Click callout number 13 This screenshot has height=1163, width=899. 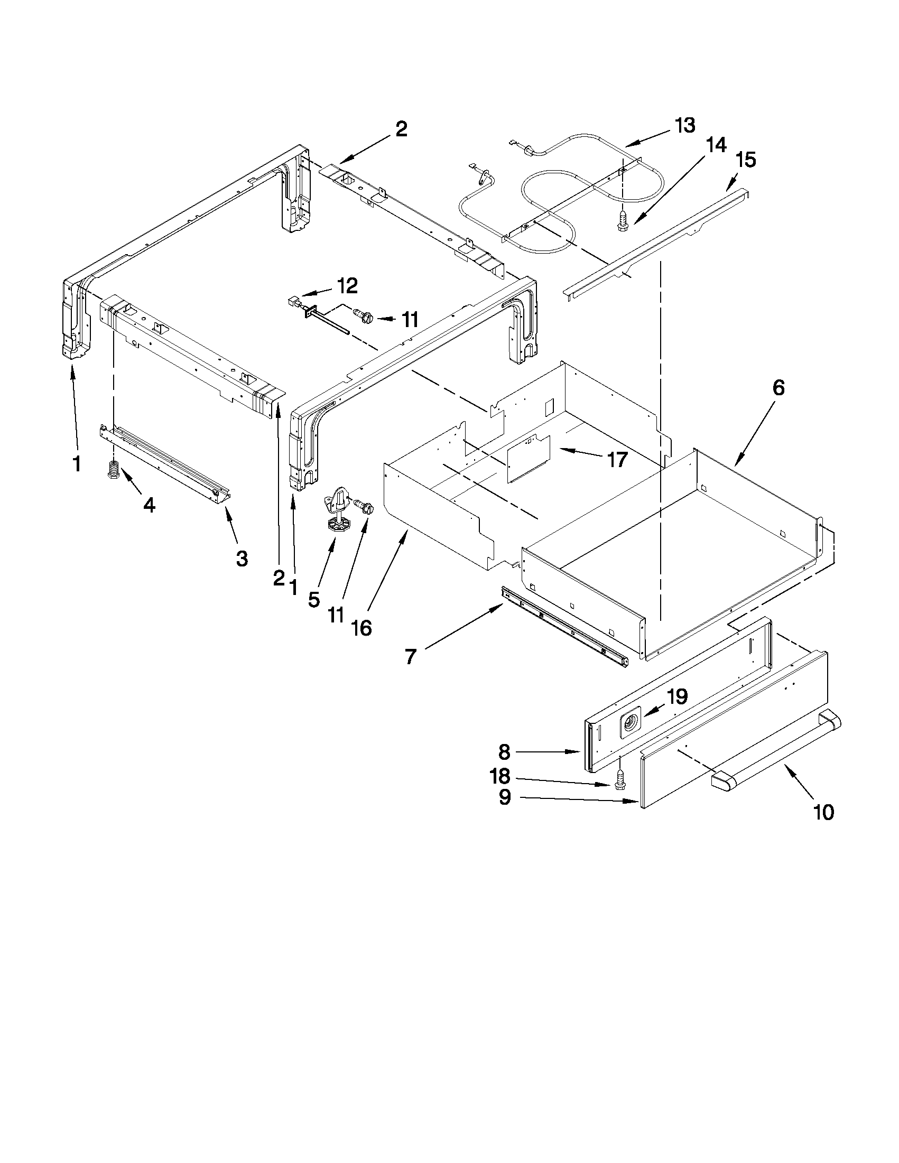685,126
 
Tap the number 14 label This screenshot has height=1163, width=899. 716,145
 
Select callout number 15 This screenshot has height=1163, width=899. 746,160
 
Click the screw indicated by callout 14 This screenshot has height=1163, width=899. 621,221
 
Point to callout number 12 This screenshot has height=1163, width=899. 347,286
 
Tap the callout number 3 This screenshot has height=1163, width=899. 242,559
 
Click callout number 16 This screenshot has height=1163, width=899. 362,628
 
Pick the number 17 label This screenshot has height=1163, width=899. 617,459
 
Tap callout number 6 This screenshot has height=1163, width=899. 778,388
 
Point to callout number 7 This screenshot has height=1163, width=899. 410,657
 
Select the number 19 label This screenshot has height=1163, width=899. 676,696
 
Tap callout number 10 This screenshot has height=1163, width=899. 823,813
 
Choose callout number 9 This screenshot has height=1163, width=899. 505,797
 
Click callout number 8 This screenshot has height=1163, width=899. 504,752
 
